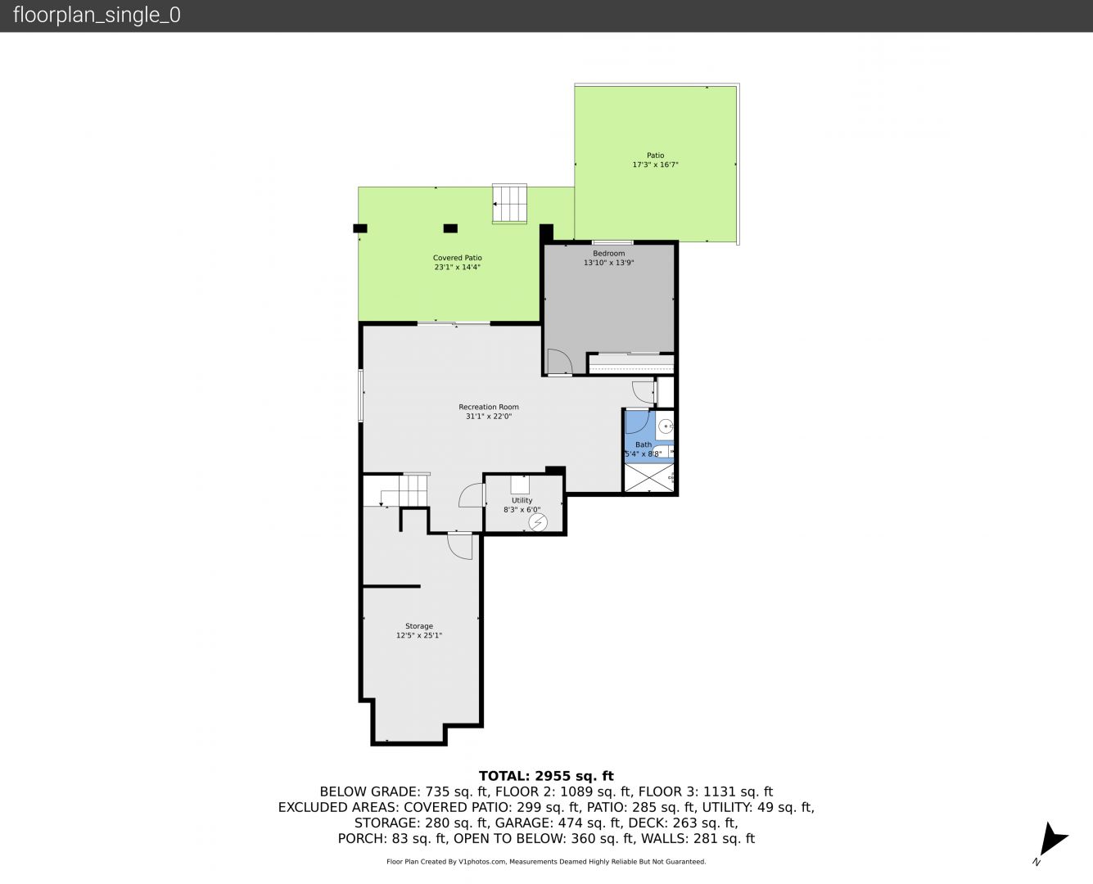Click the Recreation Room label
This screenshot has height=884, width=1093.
(489, 407)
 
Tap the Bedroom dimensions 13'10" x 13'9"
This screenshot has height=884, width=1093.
(608, 263)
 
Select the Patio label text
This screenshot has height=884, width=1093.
(655, 155)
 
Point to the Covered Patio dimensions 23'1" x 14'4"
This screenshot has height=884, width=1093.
(457, 267)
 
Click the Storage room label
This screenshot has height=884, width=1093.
(418, 626)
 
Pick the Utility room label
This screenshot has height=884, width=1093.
(522, 500)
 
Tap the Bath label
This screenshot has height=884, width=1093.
(644, 444)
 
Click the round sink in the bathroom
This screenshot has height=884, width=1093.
(666, 426)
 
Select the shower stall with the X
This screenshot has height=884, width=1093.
(648, 478)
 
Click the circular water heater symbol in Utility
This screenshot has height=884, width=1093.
(538, 522)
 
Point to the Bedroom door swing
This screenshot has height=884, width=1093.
(559, 362)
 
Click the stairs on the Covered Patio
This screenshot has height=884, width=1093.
(509, 204)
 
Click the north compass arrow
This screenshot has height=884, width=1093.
(1052, 839)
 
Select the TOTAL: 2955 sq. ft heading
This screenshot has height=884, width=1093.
(546, 776)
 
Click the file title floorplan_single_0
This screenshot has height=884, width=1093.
(97, 16)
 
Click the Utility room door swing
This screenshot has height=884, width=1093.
(472, 495)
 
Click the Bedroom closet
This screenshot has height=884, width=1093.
(630, 363)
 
